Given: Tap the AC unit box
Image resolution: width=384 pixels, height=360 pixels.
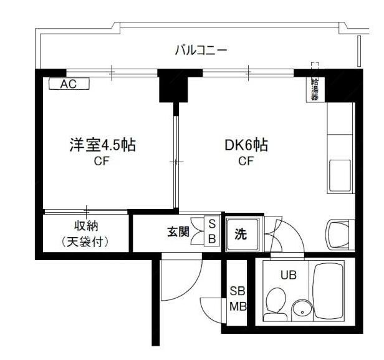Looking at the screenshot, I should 68,84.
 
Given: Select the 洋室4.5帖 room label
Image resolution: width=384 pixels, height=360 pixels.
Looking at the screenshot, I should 102,146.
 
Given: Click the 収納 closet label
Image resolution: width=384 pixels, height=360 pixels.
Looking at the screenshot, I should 85,226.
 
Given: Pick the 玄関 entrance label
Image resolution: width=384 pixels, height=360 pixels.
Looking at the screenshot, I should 178,233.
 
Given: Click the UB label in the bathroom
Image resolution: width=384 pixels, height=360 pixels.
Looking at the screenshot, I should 288,274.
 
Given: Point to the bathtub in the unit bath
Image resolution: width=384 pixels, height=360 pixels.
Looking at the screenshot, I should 330,290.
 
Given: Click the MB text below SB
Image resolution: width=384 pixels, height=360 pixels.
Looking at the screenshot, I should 238,306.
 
